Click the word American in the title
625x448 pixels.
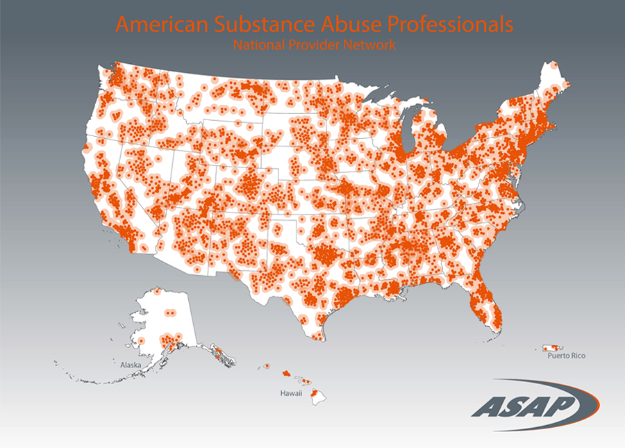[x=158, y=25]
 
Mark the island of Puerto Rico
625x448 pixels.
[x=552, y=347]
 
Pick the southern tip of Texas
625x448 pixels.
[x=317, y=338]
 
